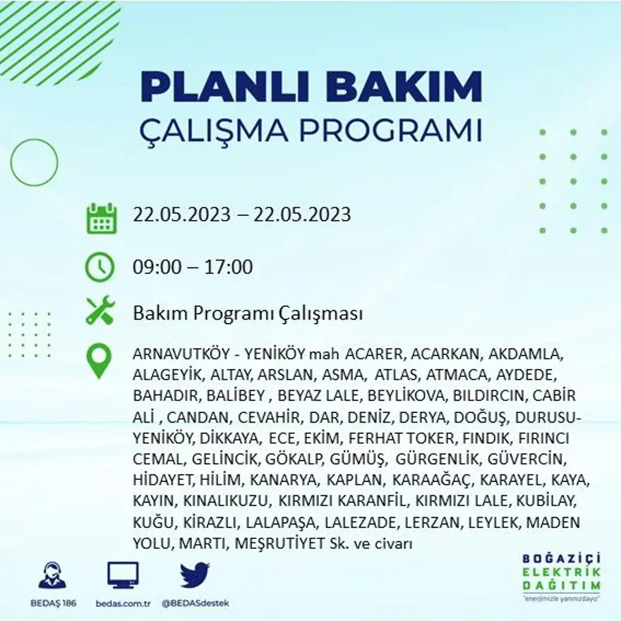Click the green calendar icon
(101, 219)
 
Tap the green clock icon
(100, 267)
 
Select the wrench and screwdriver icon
(100, 310)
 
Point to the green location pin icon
(99, 360)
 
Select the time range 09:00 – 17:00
(193, 267)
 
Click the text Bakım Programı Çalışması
(248, 313)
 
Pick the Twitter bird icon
(195, 574)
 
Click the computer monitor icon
(123, 575)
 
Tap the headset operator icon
(52, 575)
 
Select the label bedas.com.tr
(123, 603)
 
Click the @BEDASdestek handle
(195, 603)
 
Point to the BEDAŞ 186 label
(53, 603)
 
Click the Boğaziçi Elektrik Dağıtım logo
(562, 576)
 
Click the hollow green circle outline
(34, 163)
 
